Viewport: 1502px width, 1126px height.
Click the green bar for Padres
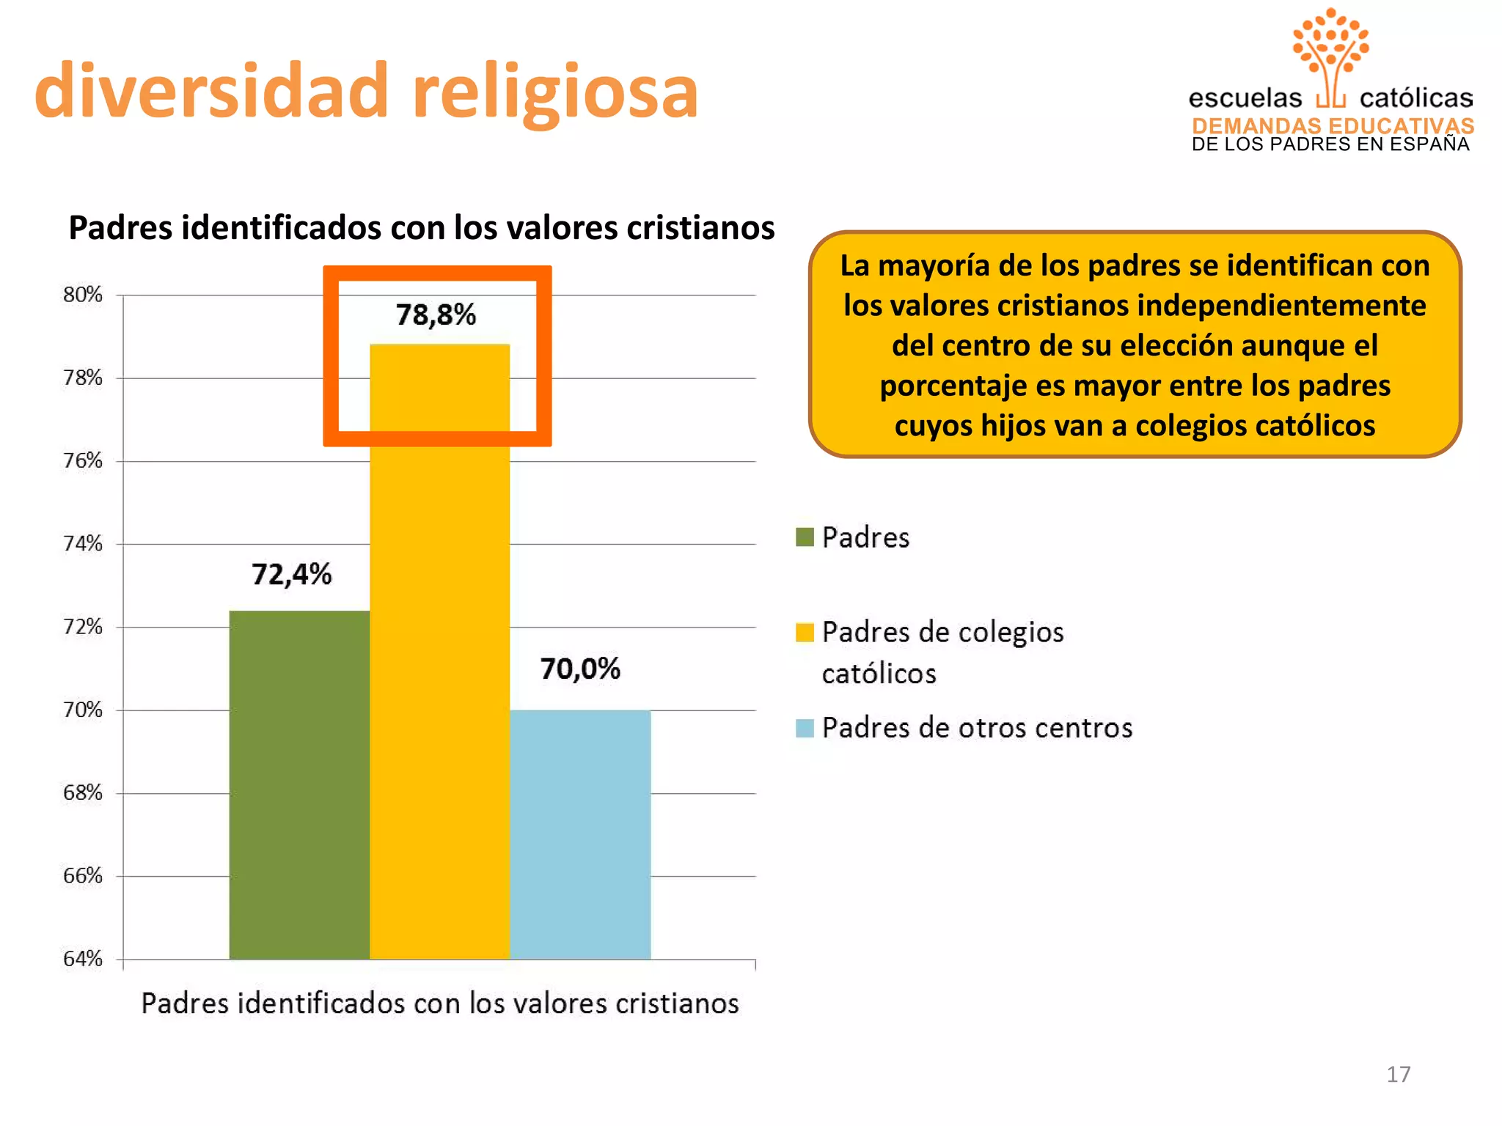coord(299,784)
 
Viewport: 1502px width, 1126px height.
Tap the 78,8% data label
coord(436,315)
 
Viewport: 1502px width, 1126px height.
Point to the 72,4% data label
coord(291,575)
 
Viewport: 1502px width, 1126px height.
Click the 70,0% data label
coord(580,669)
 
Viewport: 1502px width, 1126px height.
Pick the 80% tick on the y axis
coord(82,295)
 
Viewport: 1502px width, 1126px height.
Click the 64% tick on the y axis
coord(82,959)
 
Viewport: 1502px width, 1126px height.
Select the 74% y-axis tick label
coord(82,544)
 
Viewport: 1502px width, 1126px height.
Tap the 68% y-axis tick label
coord(82,793)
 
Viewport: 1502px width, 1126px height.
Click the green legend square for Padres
coord(805,537)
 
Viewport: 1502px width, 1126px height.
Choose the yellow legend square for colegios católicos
coord(805,632)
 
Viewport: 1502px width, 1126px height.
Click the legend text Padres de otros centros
coord(977,728)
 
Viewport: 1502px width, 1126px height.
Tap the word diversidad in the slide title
coord(211,91)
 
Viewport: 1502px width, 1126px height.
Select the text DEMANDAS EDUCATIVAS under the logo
coord(1333,126)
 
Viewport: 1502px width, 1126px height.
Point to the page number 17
coord(1398,1075)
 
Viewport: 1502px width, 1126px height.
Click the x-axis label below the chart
coord(440,1004)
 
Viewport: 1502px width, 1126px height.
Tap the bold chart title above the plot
coord(422,227)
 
